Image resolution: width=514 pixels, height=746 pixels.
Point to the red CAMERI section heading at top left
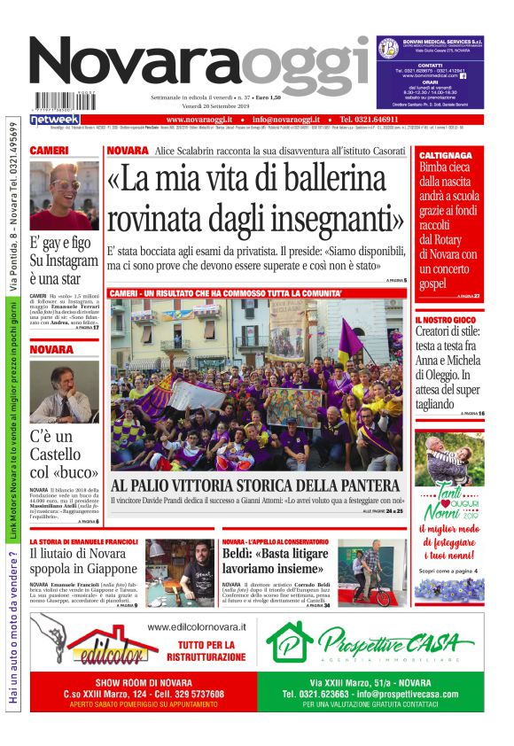pyautogui.click(x=50, y=152)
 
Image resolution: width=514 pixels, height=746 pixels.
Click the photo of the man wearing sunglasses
pyautogui.click(x=64, y=195)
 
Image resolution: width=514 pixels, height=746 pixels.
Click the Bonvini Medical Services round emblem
pyautogui.click(x=386, y=48)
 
